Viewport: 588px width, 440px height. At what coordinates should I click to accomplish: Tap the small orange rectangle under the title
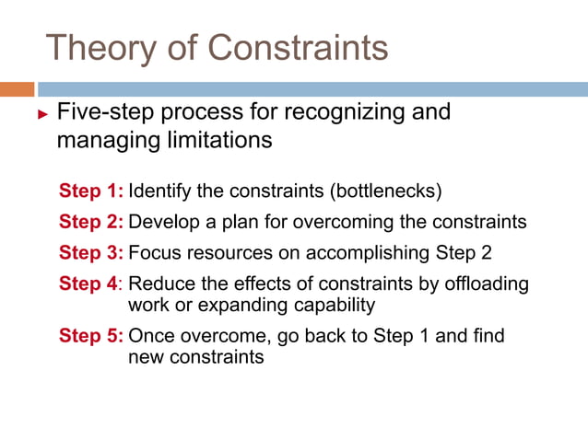[x=17, y=89]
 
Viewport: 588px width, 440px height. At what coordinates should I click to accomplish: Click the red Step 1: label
[x=91, y=191]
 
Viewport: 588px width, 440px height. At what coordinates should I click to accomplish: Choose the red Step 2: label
[x=91, y=222]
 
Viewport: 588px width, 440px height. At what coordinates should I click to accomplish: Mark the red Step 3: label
[x=91, y=252]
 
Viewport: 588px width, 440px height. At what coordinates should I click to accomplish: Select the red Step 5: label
[x=91, y=336]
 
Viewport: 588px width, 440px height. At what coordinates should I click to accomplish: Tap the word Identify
[x=159, y=191]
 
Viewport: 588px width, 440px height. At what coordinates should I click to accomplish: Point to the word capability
[x=336, y=304]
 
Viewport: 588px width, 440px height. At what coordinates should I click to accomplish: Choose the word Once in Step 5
[x=150, y=336]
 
